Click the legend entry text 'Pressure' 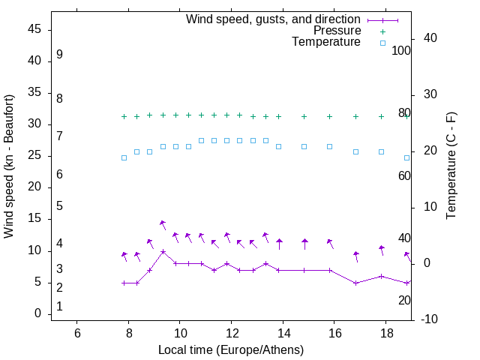point(337,31)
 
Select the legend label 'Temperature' point(326,42)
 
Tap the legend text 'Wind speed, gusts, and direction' point(273,19)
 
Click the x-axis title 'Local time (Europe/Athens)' point(231,349)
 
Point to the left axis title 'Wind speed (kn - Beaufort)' point(9,166)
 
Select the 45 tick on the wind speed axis point(34,30)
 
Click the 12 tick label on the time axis point(231,332)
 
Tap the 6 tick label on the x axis point(77,332)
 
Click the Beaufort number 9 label point(59,55)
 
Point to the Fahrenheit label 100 point(402,50)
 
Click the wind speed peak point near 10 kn point(163,252)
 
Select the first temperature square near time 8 point(124,157)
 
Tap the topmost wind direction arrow point(163,223)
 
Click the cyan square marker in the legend point(382,43)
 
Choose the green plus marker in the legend point(382,31)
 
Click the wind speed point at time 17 point(355,283)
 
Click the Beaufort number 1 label point(59,306)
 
